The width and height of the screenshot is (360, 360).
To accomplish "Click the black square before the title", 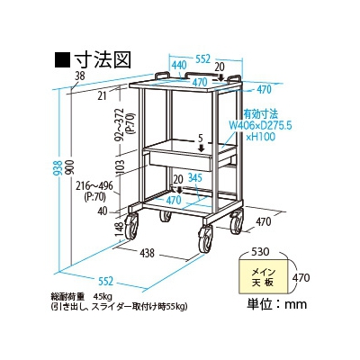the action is [62, 59].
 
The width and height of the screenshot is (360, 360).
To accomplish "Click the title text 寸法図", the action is [103, 59].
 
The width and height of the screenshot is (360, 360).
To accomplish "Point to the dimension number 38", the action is [80, 76].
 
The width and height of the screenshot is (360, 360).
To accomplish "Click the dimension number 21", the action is [103, 95].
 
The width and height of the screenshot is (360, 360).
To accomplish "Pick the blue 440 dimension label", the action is [179, 65].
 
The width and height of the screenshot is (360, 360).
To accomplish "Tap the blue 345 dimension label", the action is [195, 178].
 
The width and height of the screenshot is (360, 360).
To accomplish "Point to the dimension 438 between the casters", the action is [147, 253].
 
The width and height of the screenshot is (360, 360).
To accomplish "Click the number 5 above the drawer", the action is [201, 138].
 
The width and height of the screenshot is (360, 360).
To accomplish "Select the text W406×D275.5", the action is [260, 125].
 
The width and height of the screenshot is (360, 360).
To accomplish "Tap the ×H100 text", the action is [260, 137].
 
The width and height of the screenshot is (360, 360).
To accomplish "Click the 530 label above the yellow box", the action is [260, 251].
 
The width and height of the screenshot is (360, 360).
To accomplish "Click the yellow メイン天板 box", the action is [263, 276].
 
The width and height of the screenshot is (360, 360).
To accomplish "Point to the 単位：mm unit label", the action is [277, 304].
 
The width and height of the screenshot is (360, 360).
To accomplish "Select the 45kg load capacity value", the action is [103, 297].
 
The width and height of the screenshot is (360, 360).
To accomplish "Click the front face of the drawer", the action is [181, 161].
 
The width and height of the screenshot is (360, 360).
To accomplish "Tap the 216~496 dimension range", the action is [94, 186].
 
